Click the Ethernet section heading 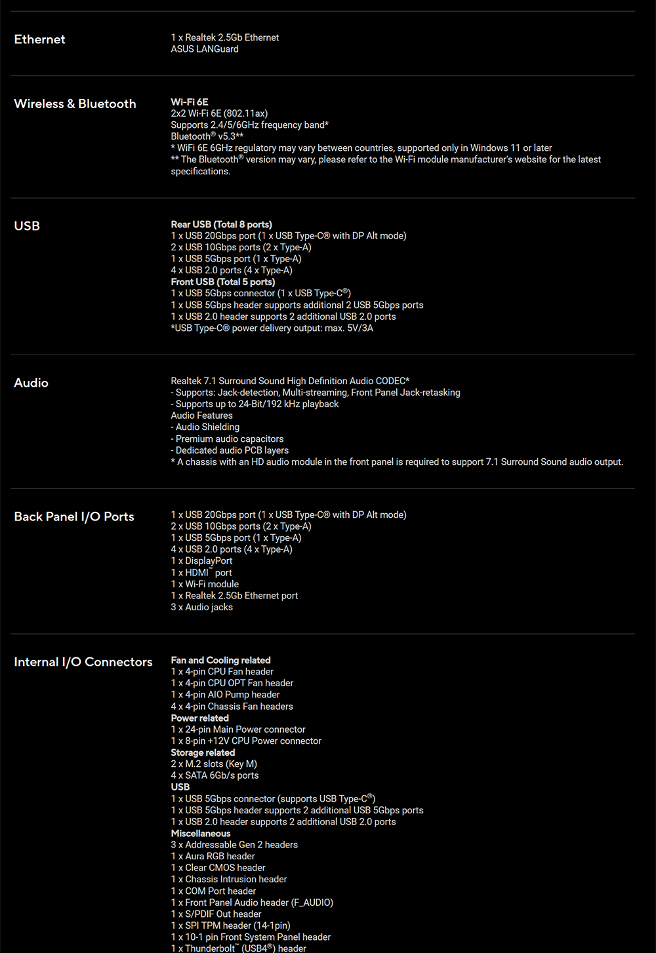coord(39,39)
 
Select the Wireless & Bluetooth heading coord(75,104)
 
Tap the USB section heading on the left coord(27,225)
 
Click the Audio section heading coord(31,383)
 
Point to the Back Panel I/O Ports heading coord(74,516)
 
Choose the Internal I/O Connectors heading coord(83,662)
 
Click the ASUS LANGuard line coord(205,49)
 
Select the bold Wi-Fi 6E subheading coord(190,102)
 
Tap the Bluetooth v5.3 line coord(207,136)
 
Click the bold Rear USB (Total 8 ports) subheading coord(221,224)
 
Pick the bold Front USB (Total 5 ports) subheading coord(223,282)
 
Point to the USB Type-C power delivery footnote coord(272,328)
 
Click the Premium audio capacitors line coord(227,439)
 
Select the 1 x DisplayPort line coord(201,561)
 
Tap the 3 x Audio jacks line coord(201,607)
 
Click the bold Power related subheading coord(199,718)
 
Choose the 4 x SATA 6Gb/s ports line coord(215,775)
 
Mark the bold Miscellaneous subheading coord(201,833)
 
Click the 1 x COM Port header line coord(213,891)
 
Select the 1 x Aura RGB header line coord(213,856)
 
